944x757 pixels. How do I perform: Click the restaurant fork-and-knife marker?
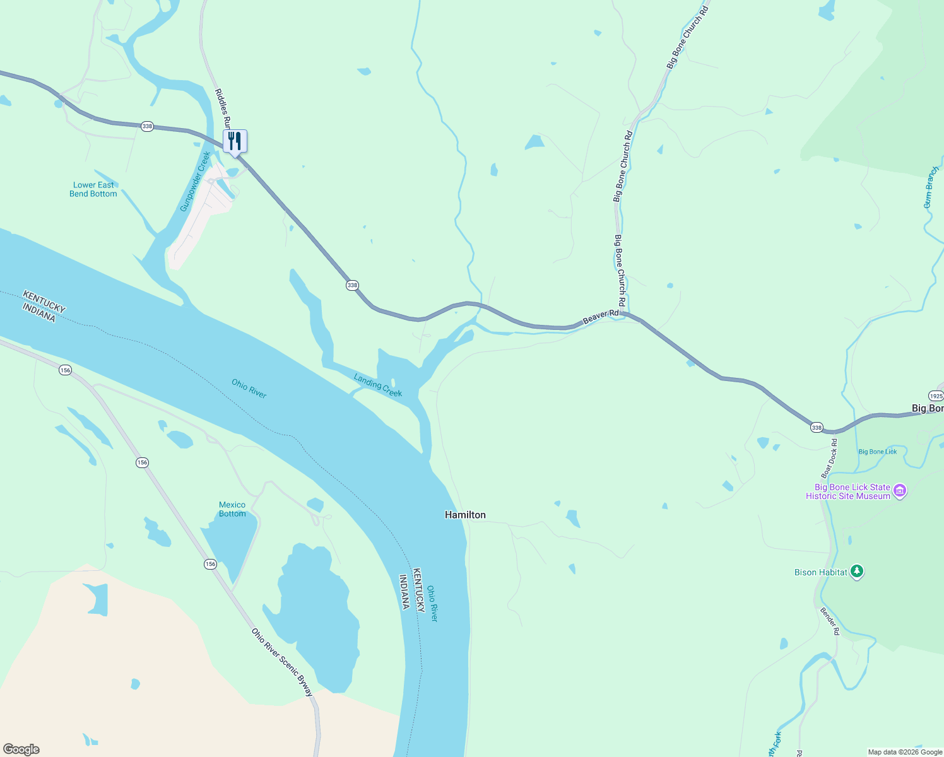[235, 141]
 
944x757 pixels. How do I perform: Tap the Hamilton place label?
[465, 515]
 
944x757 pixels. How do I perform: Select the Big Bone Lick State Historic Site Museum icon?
[900, 491]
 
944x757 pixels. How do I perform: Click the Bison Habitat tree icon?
[856, 572]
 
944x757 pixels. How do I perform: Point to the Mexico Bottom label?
[232, 509]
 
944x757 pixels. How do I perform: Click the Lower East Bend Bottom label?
[93, 189]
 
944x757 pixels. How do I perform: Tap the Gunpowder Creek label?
[195, 182]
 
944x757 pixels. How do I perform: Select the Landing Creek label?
[378, 385]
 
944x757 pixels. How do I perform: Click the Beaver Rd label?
[600, 317]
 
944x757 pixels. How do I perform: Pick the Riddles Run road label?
[223, 109]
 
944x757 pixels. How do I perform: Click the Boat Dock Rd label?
[829, 459]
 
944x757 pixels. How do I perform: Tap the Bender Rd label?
[830, 621]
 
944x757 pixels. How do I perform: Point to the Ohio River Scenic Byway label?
[282, 662]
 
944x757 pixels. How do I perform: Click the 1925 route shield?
[936, 396]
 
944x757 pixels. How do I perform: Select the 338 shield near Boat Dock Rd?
[817, 428]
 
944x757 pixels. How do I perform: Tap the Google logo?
[21, 749]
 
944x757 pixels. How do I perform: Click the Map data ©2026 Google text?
[905, 752]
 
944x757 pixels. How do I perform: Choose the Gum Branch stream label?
[931, 187]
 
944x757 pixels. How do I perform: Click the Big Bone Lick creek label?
[877, 452]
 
